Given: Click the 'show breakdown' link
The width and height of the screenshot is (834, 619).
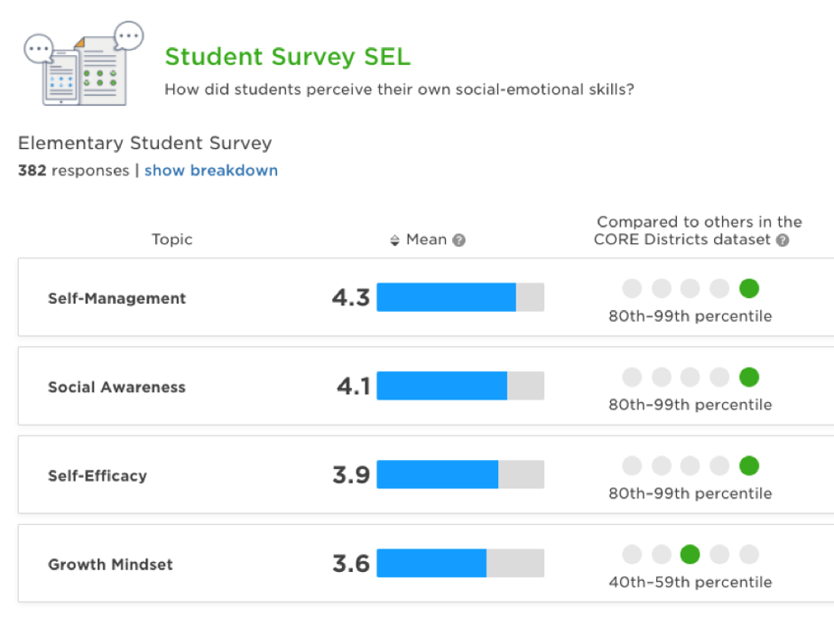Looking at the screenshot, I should (x=210, y=171).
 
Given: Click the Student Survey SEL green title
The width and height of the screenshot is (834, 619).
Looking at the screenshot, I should (x=287, y=57).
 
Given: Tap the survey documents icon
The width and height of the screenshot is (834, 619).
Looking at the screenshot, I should (x=83, y=63).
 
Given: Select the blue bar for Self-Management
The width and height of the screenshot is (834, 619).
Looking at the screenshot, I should (x=446, y=297).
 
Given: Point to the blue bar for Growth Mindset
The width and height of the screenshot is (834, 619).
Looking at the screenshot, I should (x=431, y=564).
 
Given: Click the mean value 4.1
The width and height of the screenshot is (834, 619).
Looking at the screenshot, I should (x=353, y=387).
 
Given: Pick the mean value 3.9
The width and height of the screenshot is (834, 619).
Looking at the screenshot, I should (x=351, y=475).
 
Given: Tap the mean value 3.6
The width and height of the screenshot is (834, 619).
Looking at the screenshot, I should (x=351, y=564).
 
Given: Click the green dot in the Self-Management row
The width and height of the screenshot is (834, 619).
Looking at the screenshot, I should (x=748, y=288).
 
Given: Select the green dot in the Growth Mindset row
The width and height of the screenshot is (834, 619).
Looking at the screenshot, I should (x=690, y=554).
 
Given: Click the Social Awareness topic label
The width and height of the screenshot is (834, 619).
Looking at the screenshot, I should (x=116, y=387).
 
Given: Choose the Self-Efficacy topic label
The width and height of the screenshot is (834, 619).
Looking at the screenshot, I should (x=97, y=475).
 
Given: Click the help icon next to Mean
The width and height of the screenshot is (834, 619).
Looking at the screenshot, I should (x=459, y=240).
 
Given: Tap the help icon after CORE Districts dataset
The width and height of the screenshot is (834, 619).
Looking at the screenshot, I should (x=783, y=240).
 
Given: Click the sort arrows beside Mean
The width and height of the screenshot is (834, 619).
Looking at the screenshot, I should (x=394, y=240).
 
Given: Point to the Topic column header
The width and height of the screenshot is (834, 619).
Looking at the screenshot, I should (x=171, y=239).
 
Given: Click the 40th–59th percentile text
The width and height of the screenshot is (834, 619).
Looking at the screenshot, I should (x=690, y=582).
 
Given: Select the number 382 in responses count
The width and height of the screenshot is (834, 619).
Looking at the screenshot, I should (x=32, y=171).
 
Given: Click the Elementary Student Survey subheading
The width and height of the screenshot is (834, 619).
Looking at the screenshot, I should (x=144, y=143).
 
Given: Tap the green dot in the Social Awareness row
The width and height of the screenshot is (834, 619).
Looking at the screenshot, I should (x=748, y=377).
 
